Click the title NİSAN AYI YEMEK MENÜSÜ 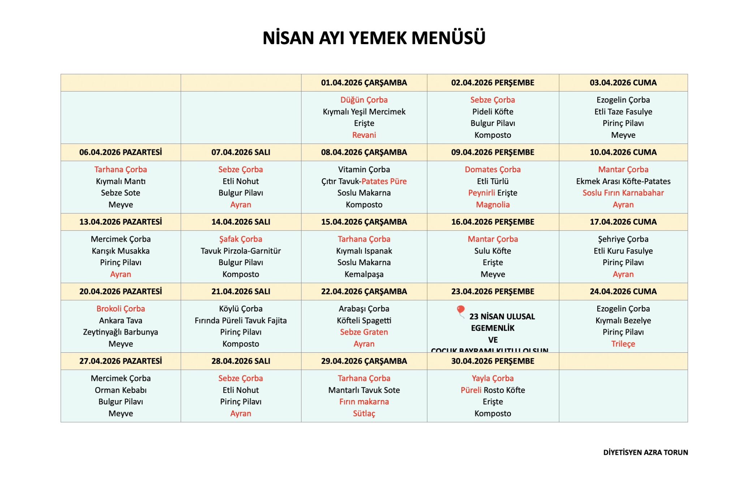pos(374,38)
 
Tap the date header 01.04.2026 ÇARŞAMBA pos(364,83)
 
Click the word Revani pos(364,135)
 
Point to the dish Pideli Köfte pos(492,112)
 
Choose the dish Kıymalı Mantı pos(121,181)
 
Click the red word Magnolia pos(492,205)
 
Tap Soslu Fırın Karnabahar pos(623,193)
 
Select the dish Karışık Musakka pos(121,251)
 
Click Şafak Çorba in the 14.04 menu pos(241,239)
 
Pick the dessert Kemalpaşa pos(364,274)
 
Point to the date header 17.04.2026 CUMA pos(623,222)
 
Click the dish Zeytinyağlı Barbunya pos(121,332)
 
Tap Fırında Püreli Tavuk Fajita pos(241,321)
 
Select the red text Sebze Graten pos(364,332)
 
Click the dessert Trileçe pos(623,344)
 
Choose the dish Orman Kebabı pos(121,390)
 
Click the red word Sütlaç pos(364,413)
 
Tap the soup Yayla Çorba pos(492,378)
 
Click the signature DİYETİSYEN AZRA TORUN pos(645,453)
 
